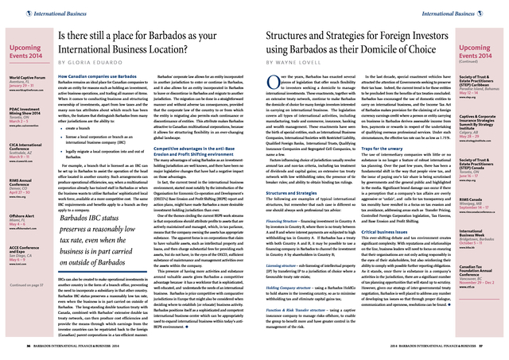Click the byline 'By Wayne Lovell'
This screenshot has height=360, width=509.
[x=295, y=61]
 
